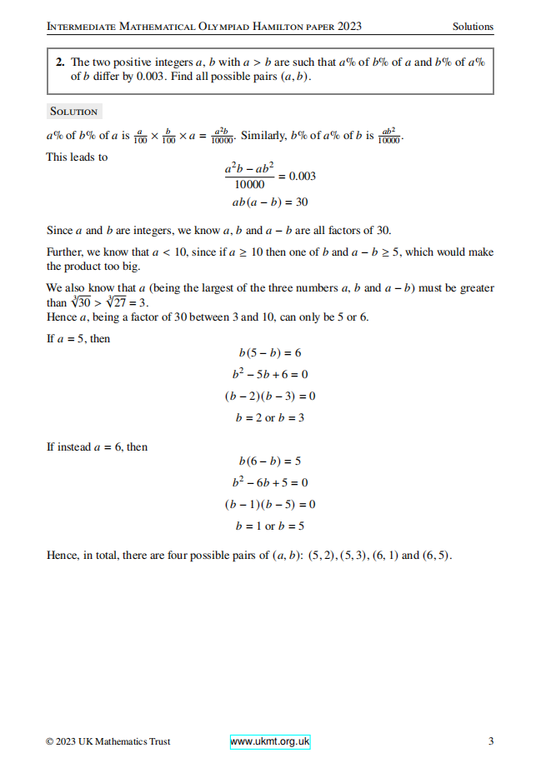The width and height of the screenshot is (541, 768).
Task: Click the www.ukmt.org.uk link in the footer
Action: pyautogui.click(x=269, y=741)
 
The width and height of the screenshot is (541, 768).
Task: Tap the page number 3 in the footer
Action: pyautogui.click(x=491, y=741)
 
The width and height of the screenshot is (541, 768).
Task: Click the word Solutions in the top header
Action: pyautogui.click(x=473, y=27)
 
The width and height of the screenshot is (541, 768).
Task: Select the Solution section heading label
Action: pyautogui.click(x=73, y=112)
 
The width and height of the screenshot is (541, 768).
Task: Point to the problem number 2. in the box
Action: pyautogui.click(x=61, y=62)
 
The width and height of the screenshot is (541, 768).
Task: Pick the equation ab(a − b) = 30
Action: pyautogui.click(x=270, y=202)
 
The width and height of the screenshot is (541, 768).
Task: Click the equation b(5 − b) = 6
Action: pyautogui.click(x=270, y=353)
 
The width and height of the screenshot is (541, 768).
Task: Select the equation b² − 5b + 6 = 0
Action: pyautogui.click(x=270, y=374)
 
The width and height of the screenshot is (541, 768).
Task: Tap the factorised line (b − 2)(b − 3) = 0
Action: pyautogui.click(x=270, y=396)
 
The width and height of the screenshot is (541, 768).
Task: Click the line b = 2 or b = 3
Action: pyautogui.click(x=270, y=417)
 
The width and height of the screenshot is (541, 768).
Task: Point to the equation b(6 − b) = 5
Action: pyautogui.click(x=270, y=461)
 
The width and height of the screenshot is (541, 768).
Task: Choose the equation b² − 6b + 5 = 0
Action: pyautogui.click(x=270, y=482)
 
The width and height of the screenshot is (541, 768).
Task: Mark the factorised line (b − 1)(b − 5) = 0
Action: pyautogui.click(x=270, y=504)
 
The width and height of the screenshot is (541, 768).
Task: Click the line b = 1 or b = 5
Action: pyautogui.click(x=270, y=526)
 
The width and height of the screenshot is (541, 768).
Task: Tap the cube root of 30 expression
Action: pyautogui.click(x=81, y=303)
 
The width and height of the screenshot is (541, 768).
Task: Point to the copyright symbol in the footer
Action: pyautogui.click(x=50, y=741)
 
